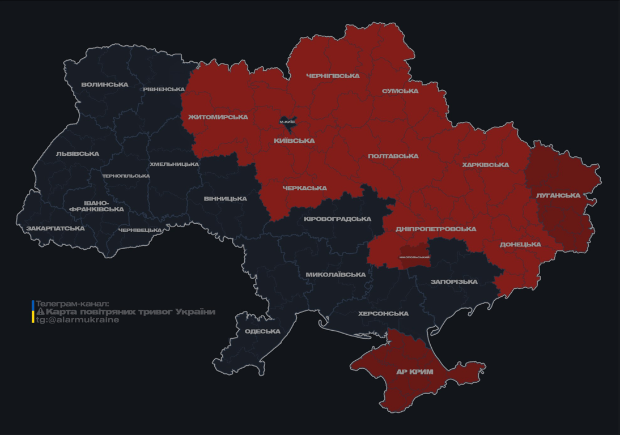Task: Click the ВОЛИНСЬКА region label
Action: point(105,84)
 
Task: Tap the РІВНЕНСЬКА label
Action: point(163,89)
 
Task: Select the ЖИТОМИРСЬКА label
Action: point(218,117)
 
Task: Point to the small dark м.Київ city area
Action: point(288,121)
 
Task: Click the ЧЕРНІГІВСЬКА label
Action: point(333,76)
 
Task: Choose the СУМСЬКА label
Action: point(400,91)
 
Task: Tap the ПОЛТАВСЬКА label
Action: point(393,156)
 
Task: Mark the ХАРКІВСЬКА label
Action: point(485,165)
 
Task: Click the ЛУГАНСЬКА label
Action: point(558,195)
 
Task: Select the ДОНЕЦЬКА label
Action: point(520,245)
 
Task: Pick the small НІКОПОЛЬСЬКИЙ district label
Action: point(414,257)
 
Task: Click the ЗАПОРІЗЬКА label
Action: point(454,282)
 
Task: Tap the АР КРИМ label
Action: point(414,372)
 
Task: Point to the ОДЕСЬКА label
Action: point(262,331)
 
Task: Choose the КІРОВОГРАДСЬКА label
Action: point(337,219)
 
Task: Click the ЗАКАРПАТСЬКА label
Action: point(55,228)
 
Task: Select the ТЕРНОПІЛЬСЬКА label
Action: point(126,176)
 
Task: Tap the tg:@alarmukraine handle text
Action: point(78,320)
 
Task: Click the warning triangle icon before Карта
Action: point(40,312)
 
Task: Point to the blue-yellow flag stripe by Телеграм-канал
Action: point(33,312)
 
